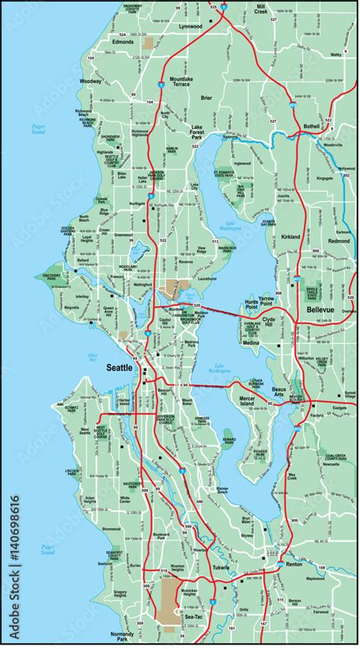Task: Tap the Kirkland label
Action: coord(292,237)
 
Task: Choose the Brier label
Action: coord(207,98)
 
